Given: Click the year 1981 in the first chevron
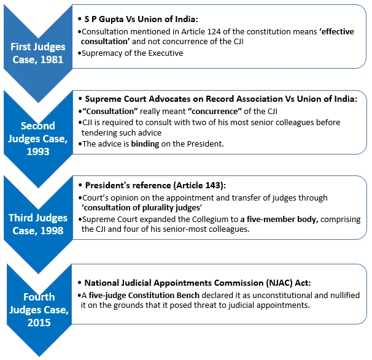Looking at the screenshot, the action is pyautogui.click(x=52, y=59).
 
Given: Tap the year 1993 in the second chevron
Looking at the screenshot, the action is pyautogui.click(x=38, y=151).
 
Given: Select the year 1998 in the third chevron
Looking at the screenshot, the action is pyautogui.click(x=52, y=231).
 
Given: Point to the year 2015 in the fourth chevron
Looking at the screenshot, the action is pyautogui.click(x=39, y=323).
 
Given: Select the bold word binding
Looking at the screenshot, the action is pyautogui.click(x=145, y=144).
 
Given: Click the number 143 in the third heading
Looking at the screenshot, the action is pyautogui.click(x=213, y=185).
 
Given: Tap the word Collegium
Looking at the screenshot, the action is pyautogui.click(x=211, y=219).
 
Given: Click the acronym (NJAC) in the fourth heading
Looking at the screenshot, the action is pyautogui.click(x=279, y=283).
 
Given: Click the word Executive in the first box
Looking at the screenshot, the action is pyautogui.click(x=166, y=53).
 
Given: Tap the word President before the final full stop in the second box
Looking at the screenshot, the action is pyautogui.click(x=204, y=144).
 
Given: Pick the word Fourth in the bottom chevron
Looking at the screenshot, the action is pyautogui.click(x=39, y=297).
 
